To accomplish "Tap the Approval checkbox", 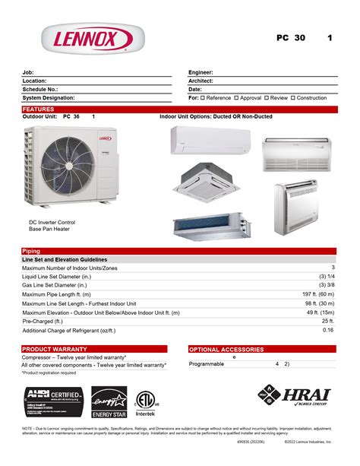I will click(237, 98).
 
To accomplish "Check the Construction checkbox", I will click(293, 98).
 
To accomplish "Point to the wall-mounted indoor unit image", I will click(210, 140).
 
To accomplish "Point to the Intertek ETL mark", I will click(144, 401).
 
